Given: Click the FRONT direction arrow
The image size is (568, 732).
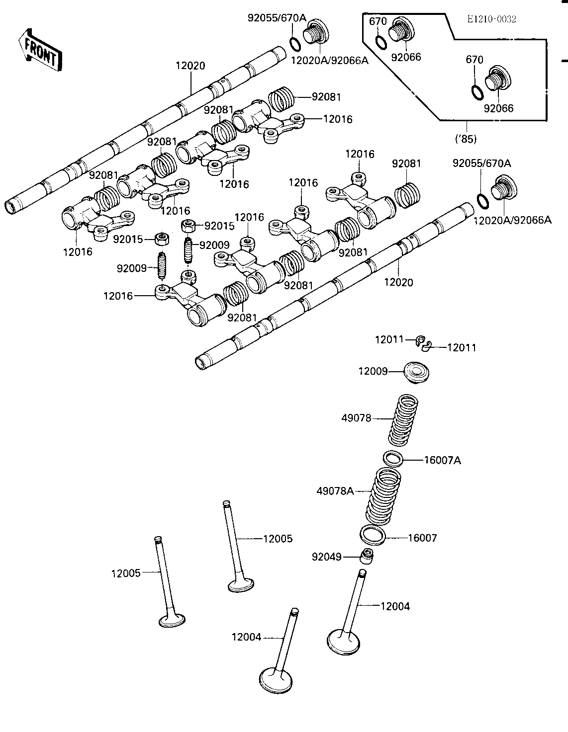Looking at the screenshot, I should [x=40, y=51].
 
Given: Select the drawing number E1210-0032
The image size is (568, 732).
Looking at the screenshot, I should [x=491, y=19].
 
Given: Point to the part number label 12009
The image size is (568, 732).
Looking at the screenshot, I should [x=372, y=371].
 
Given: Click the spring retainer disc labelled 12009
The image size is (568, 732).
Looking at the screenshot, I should [x=416, y=372].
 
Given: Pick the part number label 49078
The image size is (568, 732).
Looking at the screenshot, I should [x=356, y=418].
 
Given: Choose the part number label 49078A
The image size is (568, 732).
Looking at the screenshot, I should [x=335, y=491].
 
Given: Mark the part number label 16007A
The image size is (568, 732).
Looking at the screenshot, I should [x=442, y=461].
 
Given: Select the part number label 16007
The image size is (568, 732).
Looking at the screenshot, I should [x=422, y=538].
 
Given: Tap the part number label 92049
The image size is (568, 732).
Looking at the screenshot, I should [x=327, y=557].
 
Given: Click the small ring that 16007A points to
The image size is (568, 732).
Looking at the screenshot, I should [x=393, y=457].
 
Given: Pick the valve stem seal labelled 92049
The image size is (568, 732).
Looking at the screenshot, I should [x=368, y=556].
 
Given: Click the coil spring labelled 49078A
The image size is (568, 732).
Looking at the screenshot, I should [x=382, y=497].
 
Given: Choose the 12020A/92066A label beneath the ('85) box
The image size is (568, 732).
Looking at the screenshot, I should [x=512, y=219].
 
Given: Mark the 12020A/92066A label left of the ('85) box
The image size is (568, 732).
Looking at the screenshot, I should [x=329, y=61].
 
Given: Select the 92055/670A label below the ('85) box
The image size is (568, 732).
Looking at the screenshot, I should [x=481, y=163].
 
